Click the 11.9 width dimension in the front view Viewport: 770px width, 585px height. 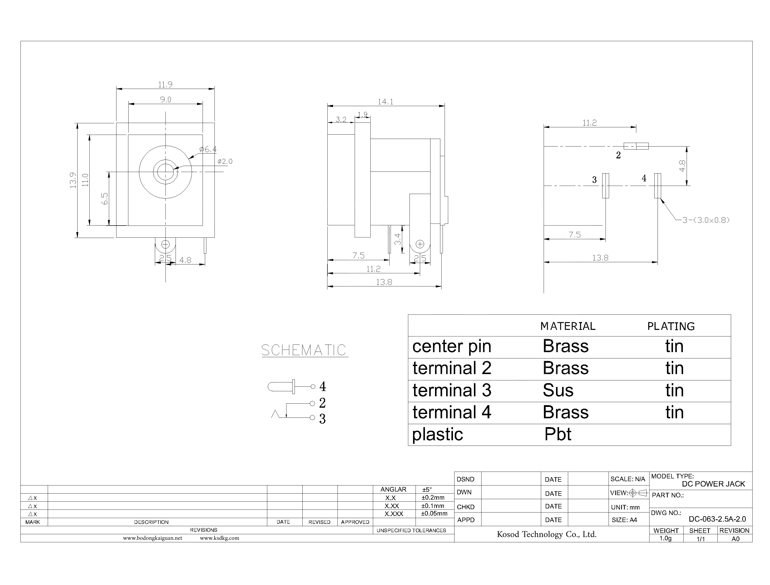[x=165, y=85]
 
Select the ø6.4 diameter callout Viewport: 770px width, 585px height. [x=208, y=149]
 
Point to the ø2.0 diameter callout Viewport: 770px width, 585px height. [x=225, y=162]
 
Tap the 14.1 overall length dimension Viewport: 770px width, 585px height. [x=385, y=102]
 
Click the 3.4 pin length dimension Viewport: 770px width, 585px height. [x=398, y=239]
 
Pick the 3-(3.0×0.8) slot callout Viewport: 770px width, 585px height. [x=706, y=220]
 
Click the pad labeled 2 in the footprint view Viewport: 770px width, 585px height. [x=636, y=146]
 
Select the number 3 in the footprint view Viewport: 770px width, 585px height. [x=594, y=180]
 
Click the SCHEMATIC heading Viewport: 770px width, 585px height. [x=304, y=350]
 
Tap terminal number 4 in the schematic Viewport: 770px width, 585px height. [x=323, y=386]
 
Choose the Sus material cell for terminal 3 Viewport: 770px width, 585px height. [x=558, y=390]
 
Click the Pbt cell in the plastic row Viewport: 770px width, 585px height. [x=558, y=434]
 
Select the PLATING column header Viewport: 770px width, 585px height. [x=671, y=326]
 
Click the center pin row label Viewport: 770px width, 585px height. [x=452, y=346]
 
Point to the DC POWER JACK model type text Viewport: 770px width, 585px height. [x=713, y=484]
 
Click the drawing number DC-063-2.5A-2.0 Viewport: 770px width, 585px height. [x=717, y=519]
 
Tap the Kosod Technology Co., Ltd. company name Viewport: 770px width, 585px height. [x=546, y=534]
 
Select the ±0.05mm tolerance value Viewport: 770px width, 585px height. [x=434, y=514]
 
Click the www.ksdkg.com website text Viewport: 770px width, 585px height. [x=219, y=538]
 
